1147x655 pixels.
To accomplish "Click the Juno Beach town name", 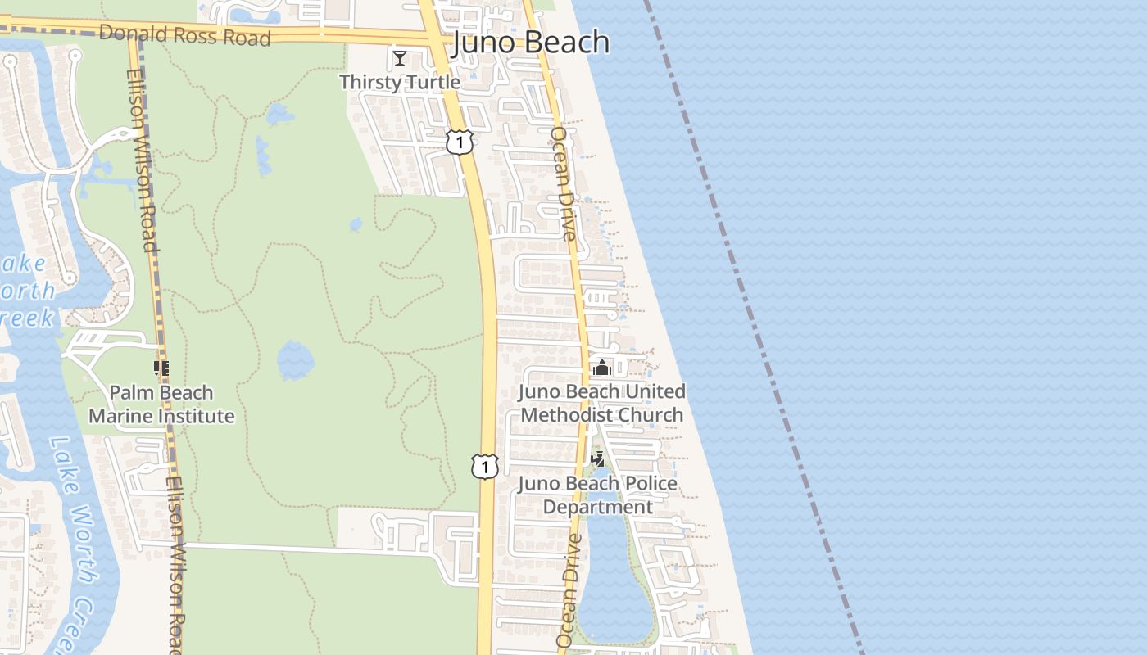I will click(531, 43).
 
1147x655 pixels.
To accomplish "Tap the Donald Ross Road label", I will click(184, 35).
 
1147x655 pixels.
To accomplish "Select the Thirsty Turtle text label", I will click(400, 82).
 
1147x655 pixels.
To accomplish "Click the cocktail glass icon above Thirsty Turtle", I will click(400, 58).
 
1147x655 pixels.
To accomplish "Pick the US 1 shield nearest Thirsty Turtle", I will click(460, 143).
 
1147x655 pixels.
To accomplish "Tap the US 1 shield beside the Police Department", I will click(485, 467).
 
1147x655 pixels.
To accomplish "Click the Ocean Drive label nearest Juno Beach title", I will click(564, 183).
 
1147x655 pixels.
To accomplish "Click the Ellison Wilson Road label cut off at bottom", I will click(174, 565).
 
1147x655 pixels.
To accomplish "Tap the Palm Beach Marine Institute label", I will click(161, 404).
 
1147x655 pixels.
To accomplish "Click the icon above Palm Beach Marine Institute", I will click(161, 368).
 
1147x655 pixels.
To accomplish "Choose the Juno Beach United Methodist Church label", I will click(602, 403).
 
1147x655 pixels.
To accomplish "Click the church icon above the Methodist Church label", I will click(602, 368).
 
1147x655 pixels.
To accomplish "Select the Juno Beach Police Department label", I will click(598, 495).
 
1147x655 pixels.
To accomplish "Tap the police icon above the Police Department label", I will click(598, 458).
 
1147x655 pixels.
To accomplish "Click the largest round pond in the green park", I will click(295, 360).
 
